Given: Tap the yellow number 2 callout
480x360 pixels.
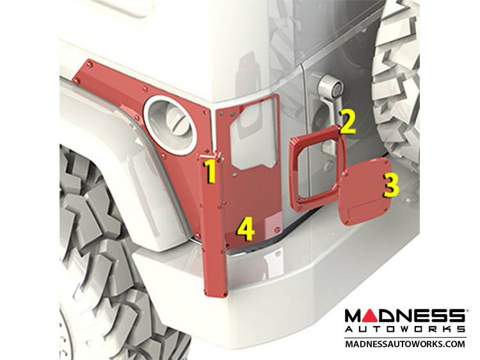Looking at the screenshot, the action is (x=348, y=122).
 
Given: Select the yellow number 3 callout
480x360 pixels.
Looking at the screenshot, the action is (x=391, y=185).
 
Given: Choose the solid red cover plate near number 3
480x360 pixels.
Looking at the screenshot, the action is (x=364, y=191).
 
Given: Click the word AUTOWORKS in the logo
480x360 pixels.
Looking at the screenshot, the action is (x=404, y=329).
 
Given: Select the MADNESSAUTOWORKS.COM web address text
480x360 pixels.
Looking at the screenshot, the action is (x=404, y=344).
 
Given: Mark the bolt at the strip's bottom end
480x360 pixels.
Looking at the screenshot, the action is (x=226, y=294).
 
